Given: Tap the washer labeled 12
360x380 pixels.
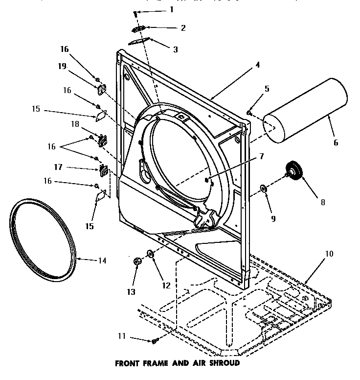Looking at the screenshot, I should point(151,254).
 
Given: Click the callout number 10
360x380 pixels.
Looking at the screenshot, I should point(329,254).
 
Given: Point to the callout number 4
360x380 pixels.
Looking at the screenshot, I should point(257,64).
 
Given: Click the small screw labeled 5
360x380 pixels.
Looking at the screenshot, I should point(249,113).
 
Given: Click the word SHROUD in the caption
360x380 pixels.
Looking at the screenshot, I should point(223,363).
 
